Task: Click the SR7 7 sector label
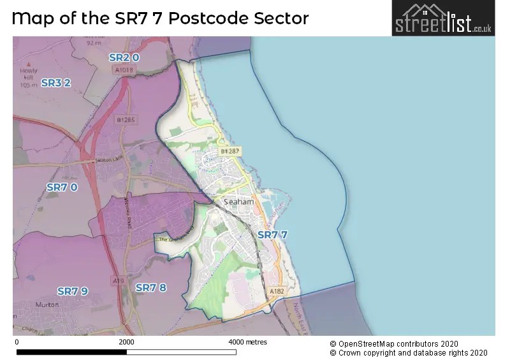point(272,234)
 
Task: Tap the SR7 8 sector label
point(151,287)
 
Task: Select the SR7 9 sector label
point(73,291)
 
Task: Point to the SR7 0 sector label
point(62,187)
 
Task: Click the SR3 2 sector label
point(55,82)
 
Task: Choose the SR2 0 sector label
point(124,57)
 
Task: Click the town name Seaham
point(239,202)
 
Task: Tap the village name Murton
point(48,305)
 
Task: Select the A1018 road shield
point(126,69)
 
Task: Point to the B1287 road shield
point(229,151)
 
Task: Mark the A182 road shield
point(277,291)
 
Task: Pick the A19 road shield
point(118,280)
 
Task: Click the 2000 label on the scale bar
point(126,342)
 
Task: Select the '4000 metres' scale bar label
point(247,342)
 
